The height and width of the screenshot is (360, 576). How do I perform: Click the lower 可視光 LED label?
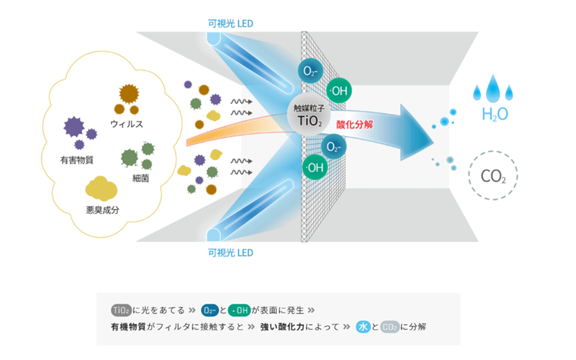(230, 253)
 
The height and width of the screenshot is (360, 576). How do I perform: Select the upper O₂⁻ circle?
(311, 71)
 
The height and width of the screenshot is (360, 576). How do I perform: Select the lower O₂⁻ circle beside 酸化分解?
(333, 146)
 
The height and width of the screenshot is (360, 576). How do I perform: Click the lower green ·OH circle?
(315, 168)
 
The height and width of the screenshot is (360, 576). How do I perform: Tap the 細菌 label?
(140, 178)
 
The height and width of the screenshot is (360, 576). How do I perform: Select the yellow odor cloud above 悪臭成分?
(101, 188)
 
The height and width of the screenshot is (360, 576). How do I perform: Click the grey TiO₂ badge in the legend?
(121, 311)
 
